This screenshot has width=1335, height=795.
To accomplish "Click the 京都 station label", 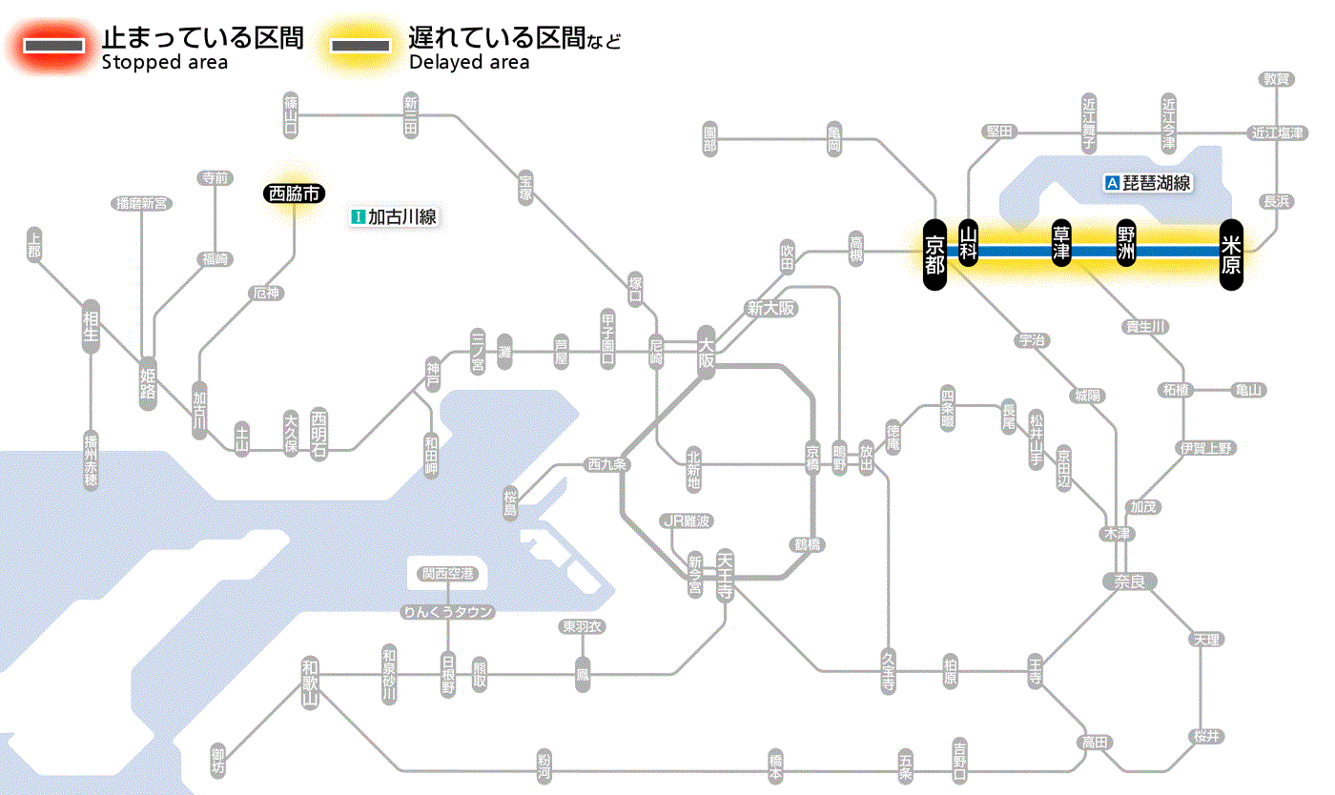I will click(934, 255).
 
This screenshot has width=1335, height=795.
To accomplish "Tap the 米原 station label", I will click(1231, 255).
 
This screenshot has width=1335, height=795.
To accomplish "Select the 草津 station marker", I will click(1061, 244).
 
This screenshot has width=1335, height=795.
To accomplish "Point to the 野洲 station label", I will click(1127, 244).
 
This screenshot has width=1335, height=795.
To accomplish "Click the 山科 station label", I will click(969, 244).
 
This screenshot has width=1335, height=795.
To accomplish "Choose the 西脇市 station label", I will click(295, 194).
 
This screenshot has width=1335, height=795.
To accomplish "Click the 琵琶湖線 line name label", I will click(1149, 183).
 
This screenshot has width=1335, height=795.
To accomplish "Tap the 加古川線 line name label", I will click(394, 216).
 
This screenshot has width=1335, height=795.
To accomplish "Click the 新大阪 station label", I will click(771, 308).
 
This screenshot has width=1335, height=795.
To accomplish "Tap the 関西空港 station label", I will click(447, 574).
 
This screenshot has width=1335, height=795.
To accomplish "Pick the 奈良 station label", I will click(1128, 581).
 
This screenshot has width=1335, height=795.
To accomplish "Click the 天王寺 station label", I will click(724, 572).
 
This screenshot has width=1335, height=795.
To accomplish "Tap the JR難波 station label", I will click(687, 520).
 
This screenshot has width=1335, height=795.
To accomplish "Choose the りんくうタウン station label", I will click(447, 612).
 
